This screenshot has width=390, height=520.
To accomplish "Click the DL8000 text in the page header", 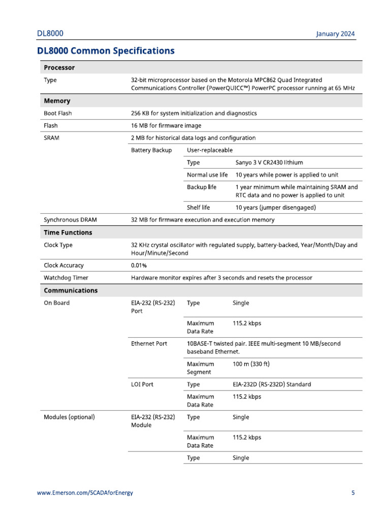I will coord(50,34).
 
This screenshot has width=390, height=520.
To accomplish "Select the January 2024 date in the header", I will coord(335,34).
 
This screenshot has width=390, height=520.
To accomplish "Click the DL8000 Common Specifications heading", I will coord(106,51).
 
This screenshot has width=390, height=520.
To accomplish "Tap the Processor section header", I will coord(59,68).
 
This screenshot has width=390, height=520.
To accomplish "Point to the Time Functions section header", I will coord(68,233).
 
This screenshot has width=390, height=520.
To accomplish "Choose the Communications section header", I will coord(71,291).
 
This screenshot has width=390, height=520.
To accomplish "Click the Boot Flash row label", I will coord(57,113).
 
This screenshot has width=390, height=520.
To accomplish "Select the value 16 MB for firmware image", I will coord(166,125).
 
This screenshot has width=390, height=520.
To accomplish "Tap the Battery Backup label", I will coord(151,150).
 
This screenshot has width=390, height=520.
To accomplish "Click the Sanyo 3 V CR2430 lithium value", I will coord(269,162).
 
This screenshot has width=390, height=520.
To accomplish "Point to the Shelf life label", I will coord(198,207).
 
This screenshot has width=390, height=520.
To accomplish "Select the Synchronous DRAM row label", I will coord(70,220).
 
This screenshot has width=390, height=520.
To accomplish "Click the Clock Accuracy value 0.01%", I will coord(140,265).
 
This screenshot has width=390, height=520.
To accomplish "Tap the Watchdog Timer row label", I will coord(66,278).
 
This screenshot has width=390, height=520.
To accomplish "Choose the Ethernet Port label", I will coord(149,344).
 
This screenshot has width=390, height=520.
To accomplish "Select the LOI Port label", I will coord(142,384).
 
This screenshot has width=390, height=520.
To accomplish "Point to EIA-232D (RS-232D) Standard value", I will coord(272,384).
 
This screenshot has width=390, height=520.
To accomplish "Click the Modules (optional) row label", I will coord(70,417).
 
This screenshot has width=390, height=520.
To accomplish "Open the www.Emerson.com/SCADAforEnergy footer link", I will coord(85,493).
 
